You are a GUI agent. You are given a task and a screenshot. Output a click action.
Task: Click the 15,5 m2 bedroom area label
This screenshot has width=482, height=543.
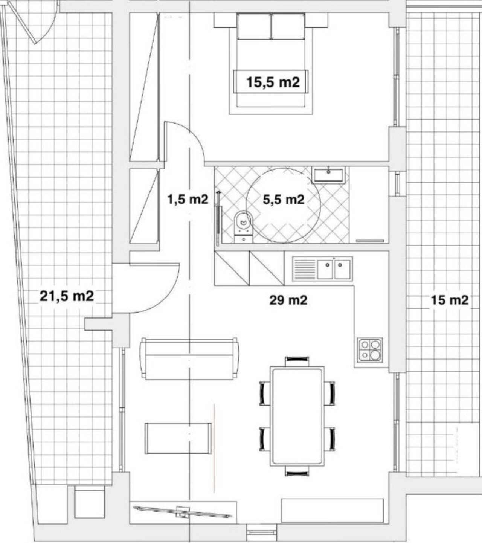(273, 82)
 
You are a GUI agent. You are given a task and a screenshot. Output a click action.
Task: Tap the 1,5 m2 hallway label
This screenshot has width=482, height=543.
(188, 199)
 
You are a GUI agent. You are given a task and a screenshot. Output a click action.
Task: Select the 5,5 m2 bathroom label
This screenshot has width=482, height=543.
(284, 200)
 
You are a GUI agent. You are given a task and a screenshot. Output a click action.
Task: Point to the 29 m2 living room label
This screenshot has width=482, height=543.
(288, 300)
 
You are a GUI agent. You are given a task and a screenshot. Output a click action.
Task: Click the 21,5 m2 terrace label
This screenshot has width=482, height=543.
(67, 296)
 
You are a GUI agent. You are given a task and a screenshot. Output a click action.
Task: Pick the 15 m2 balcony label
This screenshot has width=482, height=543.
(450, 300)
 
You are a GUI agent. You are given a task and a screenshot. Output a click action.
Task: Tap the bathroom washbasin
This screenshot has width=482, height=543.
(329, 175)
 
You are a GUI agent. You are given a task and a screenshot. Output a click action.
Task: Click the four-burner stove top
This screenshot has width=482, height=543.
(370, 350)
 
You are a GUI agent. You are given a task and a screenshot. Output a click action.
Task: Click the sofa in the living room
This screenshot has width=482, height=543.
(189, 358)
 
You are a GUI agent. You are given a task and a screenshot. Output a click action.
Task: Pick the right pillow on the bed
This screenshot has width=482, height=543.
(288, 27)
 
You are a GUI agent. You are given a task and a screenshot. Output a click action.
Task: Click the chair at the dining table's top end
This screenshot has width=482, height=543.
(297, 361)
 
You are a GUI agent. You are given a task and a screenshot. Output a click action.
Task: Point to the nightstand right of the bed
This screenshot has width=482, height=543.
(317, 20)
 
